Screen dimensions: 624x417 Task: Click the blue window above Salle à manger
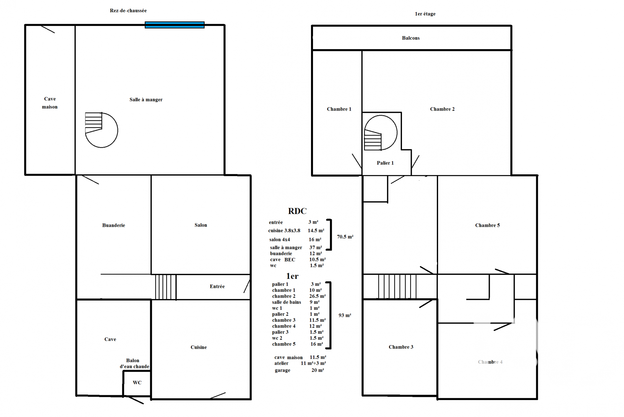(x=175, y=25)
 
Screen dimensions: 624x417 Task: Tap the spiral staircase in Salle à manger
(x=101, y=130)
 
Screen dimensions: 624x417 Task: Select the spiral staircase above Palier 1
(x=381, y=133)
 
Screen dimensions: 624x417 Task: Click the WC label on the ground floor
(x=137, y=383)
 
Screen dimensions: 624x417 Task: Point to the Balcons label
(x=411, y=38)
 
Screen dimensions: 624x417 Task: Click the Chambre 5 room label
(x=487, y=225)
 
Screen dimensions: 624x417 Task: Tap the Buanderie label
(x=113, y=225)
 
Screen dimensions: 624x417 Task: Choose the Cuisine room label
(x=199, y=347)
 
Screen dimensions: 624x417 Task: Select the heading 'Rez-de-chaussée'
(x=128, y=11)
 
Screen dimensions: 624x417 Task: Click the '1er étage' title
(x=425, y=14)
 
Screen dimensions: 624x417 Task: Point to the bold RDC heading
(x=297, y=211)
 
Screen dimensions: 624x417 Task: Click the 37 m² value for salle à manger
(x=316, y=248)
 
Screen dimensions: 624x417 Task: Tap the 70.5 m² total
(x=345, y=237)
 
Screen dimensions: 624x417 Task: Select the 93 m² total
(x=345, y=315)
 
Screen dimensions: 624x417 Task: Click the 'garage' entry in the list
(x=282, y=370)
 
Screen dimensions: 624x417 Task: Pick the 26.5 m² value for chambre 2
(x=318, y=296)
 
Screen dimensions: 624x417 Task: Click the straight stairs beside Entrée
(x=166, y=287)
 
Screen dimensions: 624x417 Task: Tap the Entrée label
(x=217, y=287)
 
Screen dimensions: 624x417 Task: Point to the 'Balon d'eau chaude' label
(x=134, y=364)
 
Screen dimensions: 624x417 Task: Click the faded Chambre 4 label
(x=490, y=362)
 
